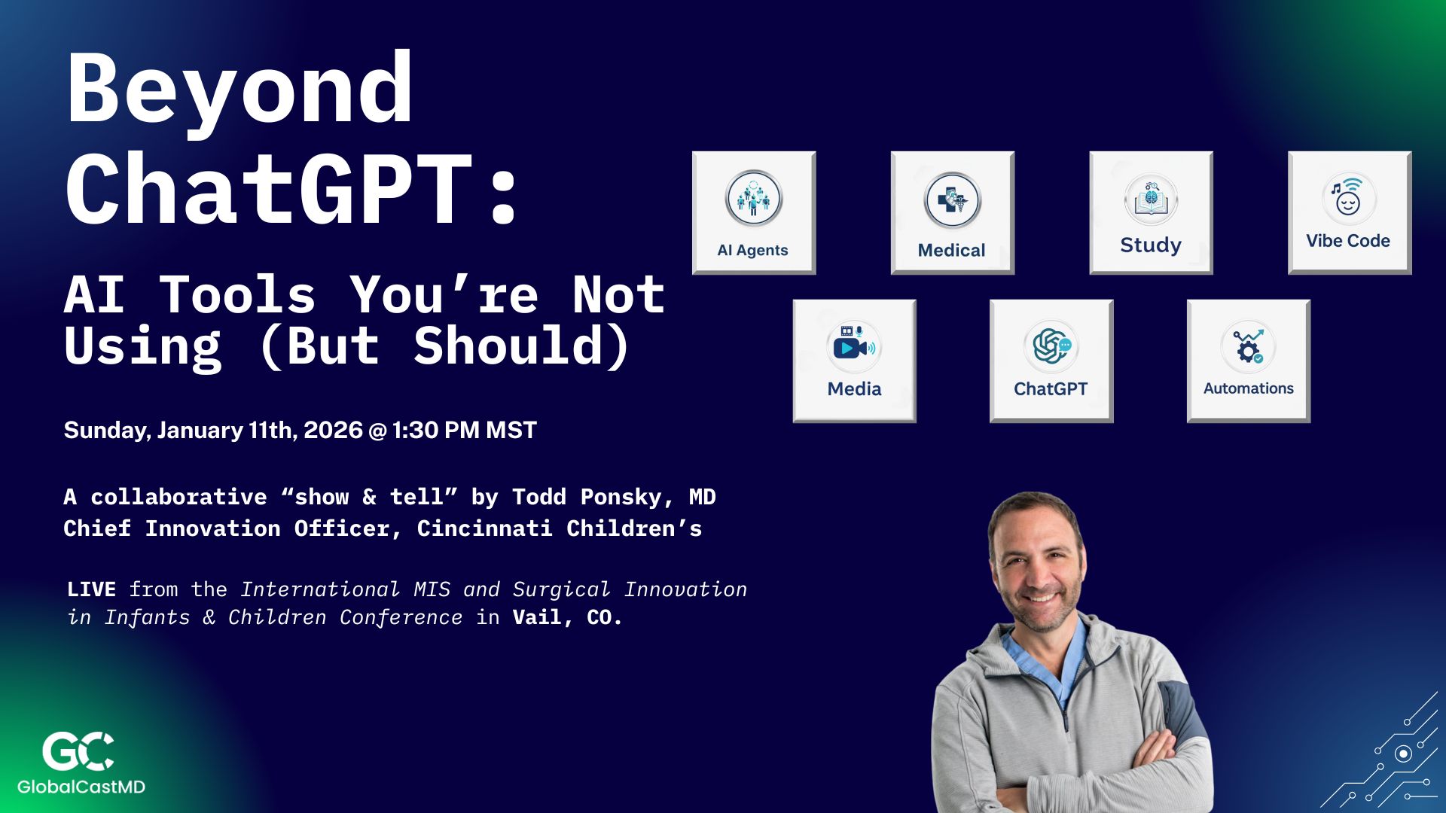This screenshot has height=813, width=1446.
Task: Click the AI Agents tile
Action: tap(753, 213)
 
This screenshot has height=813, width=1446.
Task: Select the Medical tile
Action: tap(952, 213)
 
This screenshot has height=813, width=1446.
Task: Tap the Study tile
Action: tap(1151, 213)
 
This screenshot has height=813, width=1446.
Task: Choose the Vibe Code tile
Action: tap(1349, 213)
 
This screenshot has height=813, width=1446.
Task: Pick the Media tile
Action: tap(854, 361)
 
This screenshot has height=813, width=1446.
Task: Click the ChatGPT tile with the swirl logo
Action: tap(1051, 361)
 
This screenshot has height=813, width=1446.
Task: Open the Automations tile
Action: tap(1249, 361)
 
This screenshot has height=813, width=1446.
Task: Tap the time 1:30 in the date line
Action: tap(415, 430)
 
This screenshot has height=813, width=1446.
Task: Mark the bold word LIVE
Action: tap(91, 589)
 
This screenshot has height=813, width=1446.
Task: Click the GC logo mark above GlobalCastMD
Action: tap(78, 751)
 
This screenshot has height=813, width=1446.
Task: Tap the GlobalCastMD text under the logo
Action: tap(81, 787)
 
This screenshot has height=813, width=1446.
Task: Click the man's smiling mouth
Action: tap(1040, 598)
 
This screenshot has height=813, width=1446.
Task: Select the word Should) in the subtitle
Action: tap(521, 346)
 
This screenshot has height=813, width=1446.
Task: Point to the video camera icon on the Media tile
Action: tap(852, 347)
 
